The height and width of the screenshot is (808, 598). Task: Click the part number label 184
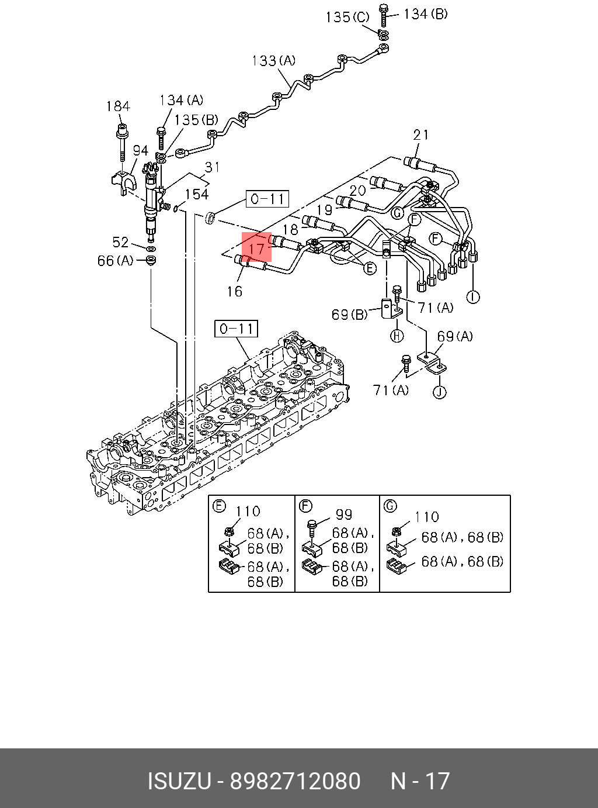coord(117,106)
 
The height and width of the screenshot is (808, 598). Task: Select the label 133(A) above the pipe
coord(273,61)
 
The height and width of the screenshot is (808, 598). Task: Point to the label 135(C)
coord(347,18)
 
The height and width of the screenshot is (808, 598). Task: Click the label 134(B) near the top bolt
coord(425,14)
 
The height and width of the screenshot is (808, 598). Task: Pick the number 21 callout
coord(420,135)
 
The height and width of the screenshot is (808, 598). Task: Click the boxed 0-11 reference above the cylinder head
coord(236,329)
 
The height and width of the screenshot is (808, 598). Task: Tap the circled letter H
coord(397,335)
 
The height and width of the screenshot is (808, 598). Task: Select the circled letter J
coord(439,391)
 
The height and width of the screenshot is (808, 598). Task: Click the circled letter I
coord(473,297)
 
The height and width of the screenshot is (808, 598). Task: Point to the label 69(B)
coord(349,315)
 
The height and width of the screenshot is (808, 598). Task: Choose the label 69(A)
coord(454,336)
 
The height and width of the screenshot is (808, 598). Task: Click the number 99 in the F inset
coord(344,515)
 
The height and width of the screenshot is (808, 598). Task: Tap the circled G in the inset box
coord(390,506)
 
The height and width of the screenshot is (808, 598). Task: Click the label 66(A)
coord(115,261)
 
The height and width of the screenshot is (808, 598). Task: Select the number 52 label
coord(120,242)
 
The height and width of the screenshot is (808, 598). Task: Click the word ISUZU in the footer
coord(179,781)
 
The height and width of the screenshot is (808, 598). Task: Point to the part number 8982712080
coord(295,781)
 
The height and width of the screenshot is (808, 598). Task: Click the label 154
coord(197,194)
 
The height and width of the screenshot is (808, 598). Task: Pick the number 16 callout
coord(235,291)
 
